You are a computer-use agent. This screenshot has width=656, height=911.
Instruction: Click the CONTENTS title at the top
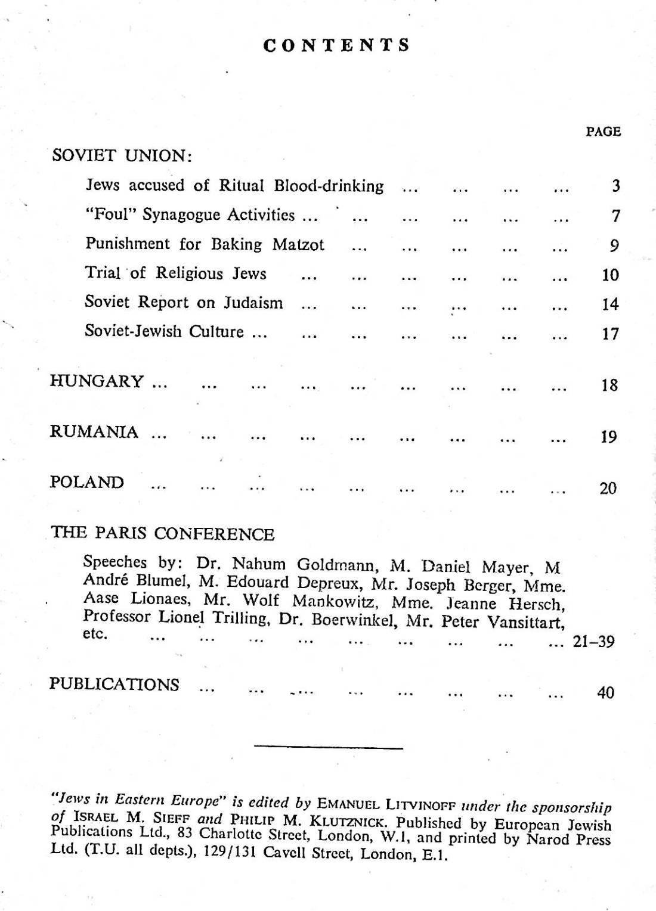coord(337,46)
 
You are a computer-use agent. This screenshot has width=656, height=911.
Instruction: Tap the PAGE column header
coord(604,132)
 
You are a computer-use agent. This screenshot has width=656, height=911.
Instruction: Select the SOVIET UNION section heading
coord(122,156)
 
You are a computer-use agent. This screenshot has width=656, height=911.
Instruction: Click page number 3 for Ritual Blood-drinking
coord(616,186)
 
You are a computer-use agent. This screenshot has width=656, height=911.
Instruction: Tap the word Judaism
coord(253,303)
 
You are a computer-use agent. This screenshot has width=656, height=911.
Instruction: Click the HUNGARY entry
coord(97,381)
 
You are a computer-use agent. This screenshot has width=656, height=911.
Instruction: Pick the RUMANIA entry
coord(94,431)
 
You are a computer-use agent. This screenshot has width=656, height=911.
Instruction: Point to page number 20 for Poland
coord(608,489)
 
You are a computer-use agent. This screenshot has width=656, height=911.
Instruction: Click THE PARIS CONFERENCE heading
coord(162,533)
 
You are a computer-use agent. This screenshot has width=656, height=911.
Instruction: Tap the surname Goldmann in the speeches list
coord(336,564)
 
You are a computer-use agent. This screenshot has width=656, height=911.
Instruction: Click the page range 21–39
coord(593,642)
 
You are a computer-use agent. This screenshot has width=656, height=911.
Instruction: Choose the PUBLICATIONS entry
coord(114,684)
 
